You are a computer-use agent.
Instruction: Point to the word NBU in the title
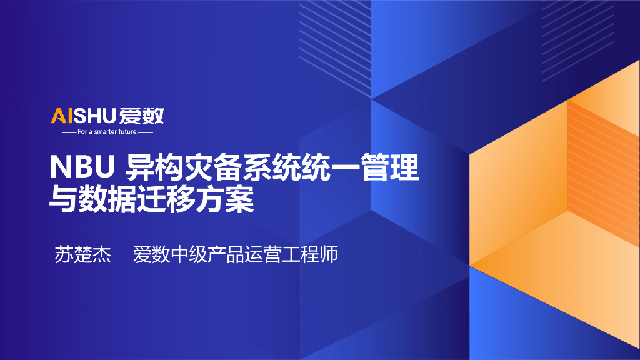click(x=84, y=169)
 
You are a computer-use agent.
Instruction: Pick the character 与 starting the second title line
click(x=62, y=200)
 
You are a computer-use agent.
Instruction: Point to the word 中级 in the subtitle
click(x=188, y=255)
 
